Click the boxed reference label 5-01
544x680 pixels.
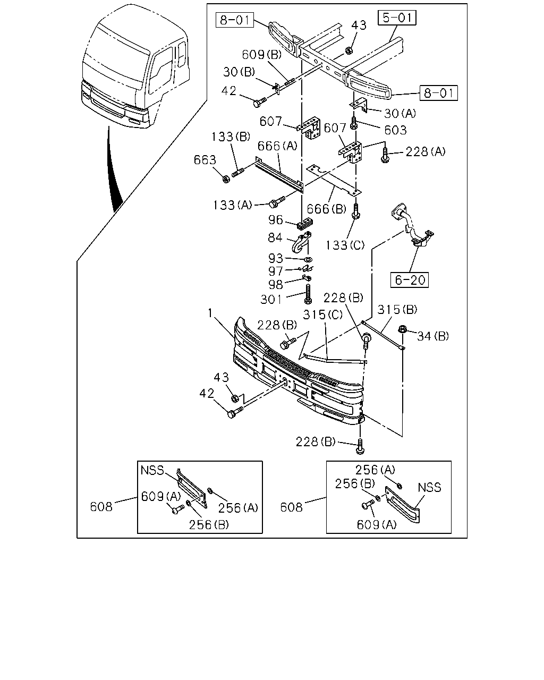coord(397,18)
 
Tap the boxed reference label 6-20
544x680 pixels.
coord(410,280)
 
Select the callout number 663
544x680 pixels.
coord(205,160)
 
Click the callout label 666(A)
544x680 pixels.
coord(277,146)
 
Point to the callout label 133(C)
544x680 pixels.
coord(345,245)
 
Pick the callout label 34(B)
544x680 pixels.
coord(433,336)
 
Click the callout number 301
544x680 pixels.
coord(271,299)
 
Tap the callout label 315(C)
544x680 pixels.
coord(322,314)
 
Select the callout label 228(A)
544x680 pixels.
coord(425,152)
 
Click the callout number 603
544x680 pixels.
coord(395,130)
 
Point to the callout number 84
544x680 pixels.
coord(275,237)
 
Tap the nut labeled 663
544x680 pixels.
coord(226,179)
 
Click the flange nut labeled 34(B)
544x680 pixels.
coord(402,329)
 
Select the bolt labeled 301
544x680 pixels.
coord(308,294)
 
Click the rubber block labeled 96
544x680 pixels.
coord(305,224)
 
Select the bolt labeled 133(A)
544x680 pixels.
coord(277,201)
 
